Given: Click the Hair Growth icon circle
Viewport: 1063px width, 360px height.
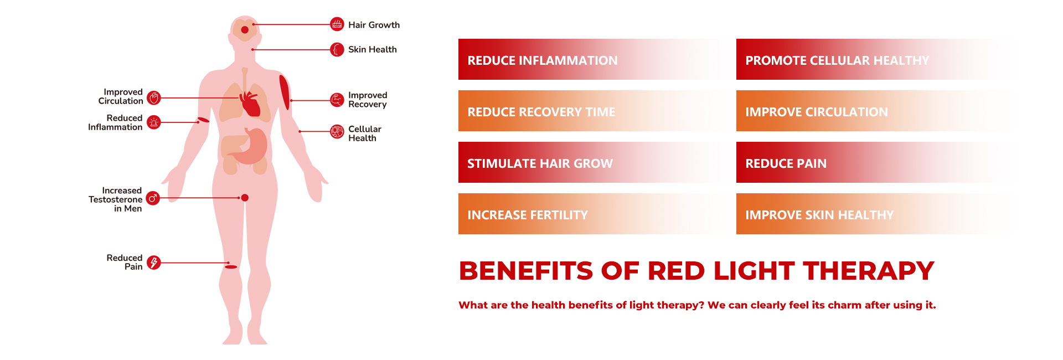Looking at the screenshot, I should pyautogui.click(x=337, y=24).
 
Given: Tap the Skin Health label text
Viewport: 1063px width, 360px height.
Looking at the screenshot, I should pyautogui.click(x=372, y=49).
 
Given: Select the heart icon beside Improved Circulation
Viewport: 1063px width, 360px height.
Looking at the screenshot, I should pyautogui.click(x=154, y=98).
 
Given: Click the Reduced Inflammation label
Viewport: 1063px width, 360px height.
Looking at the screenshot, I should pyautogui.click(x=115, y=122).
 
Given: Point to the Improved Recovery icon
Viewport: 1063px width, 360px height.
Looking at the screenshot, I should pyautogui.click(x=337, y=100).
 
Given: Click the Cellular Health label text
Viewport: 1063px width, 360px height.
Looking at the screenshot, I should pyautogui.click(x=364, y=133).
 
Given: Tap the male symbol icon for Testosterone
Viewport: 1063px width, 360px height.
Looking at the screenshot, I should pyautogui.click(x=153, y=198).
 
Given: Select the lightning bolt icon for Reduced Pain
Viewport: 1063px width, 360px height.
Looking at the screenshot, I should pyautogui.click(x=154, y=263).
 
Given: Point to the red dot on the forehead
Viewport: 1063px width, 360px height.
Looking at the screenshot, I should pyautogui.click(x=245, y=30).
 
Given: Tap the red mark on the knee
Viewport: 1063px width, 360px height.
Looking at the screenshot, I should pyautogui.click(x=231, y=267).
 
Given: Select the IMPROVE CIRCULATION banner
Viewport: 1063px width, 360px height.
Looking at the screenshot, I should pyautogui.click(x=875, y=111).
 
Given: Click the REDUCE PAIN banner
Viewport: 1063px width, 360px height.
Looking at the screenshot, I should pyautogui.click(x=875, y=163).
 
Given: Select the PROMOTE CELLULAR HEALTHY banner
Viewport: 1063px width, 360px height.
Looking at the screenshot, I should pyautogui.click(x=875, y=60).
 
